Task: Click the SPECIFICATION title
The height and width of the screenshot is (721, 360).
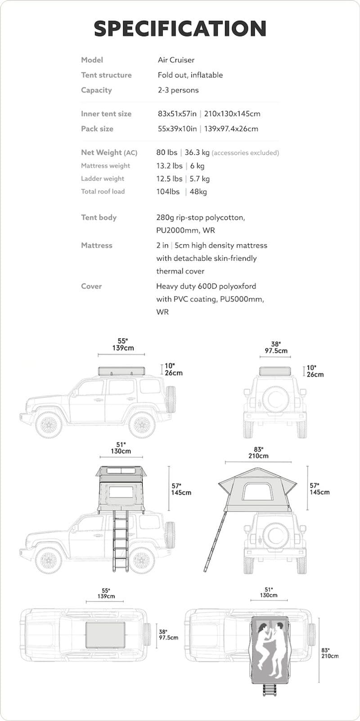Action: tap(180, 28)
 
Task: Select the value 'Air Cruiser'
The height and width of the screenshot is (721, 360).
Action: tap(176, 60)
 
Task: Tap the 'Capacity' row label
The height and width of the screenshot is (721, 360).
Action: tap(96, 90)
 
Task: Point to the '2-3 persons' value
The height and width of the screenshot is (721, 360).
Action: tap(178, 90)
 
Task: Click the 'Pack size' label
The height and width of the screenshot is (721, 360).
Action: tap(97, 129)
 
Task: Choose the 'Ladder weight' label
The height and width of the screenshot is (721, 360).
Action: tap(103, 179)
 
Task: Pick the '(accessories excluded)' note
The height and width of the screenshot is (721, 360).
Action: tap(245, 153)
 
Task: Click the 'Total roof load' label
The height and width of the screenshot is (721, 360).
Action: tap(103, 191)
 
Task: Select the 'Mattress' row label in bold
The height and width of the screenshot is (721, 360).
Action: tap(97, 245)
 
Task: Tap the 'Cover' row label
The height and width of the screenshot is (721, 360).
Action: tap(91, 286)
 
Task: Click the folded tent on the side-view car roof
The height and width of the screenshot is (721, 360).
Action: tap(122, 371)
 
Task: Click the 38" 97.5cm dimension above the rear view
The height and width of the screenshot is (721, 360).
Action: tap(276, 347)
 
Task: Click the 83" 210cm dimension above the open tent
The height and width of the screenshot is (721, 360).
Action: tap(258, 452)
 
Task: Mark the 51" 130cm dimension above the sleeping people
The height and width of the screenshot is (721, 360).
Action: tap(268, 592)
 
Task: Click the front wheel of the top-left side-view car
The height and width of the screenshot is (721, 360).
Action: tap(49, 424)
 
